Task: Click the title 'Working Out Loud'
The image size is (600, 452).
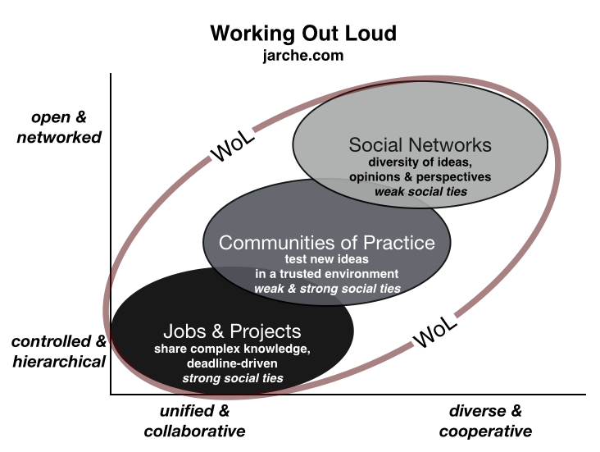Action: [x=303, y=34]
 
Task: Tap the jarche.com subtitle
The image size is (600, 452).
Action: [x=303, y=56]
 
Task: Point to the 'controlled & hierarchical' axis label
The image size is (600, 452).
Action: [x=60, y=351]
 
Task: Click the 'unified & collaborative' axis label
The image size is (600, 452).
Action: [x=194, y=421]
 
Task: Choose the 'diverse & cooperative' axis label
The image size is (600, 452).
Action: [x=485, y=421]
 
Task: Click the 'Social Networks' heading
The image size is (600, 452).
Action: [x=420, y=145]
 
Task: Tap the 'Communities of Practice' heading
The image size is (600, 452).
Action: [x=326, y=243]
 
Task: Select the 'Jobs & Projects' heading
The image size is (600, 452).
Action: [x=232, y=332]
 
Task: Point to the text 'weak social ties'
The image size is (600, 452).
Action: [x=420, y=192]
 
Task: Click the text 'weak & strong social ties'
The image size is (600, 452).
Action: [x=326, y=289]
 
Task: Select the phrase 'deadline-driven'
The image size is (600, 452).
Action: [x=232, y=363]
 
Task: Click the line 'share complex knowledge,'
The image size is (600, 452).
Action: [x=232, y=349]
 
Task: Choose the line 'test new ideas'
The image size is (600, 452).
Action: [x=326, y=260]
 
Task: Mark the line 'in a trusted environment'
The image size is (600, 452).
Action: [x=326, y=274]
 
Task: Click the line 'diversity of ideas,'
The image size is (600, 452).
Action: [x=420, y=162]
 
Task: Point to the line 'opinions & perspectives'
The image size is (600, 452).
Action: [x=420, y=177]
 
